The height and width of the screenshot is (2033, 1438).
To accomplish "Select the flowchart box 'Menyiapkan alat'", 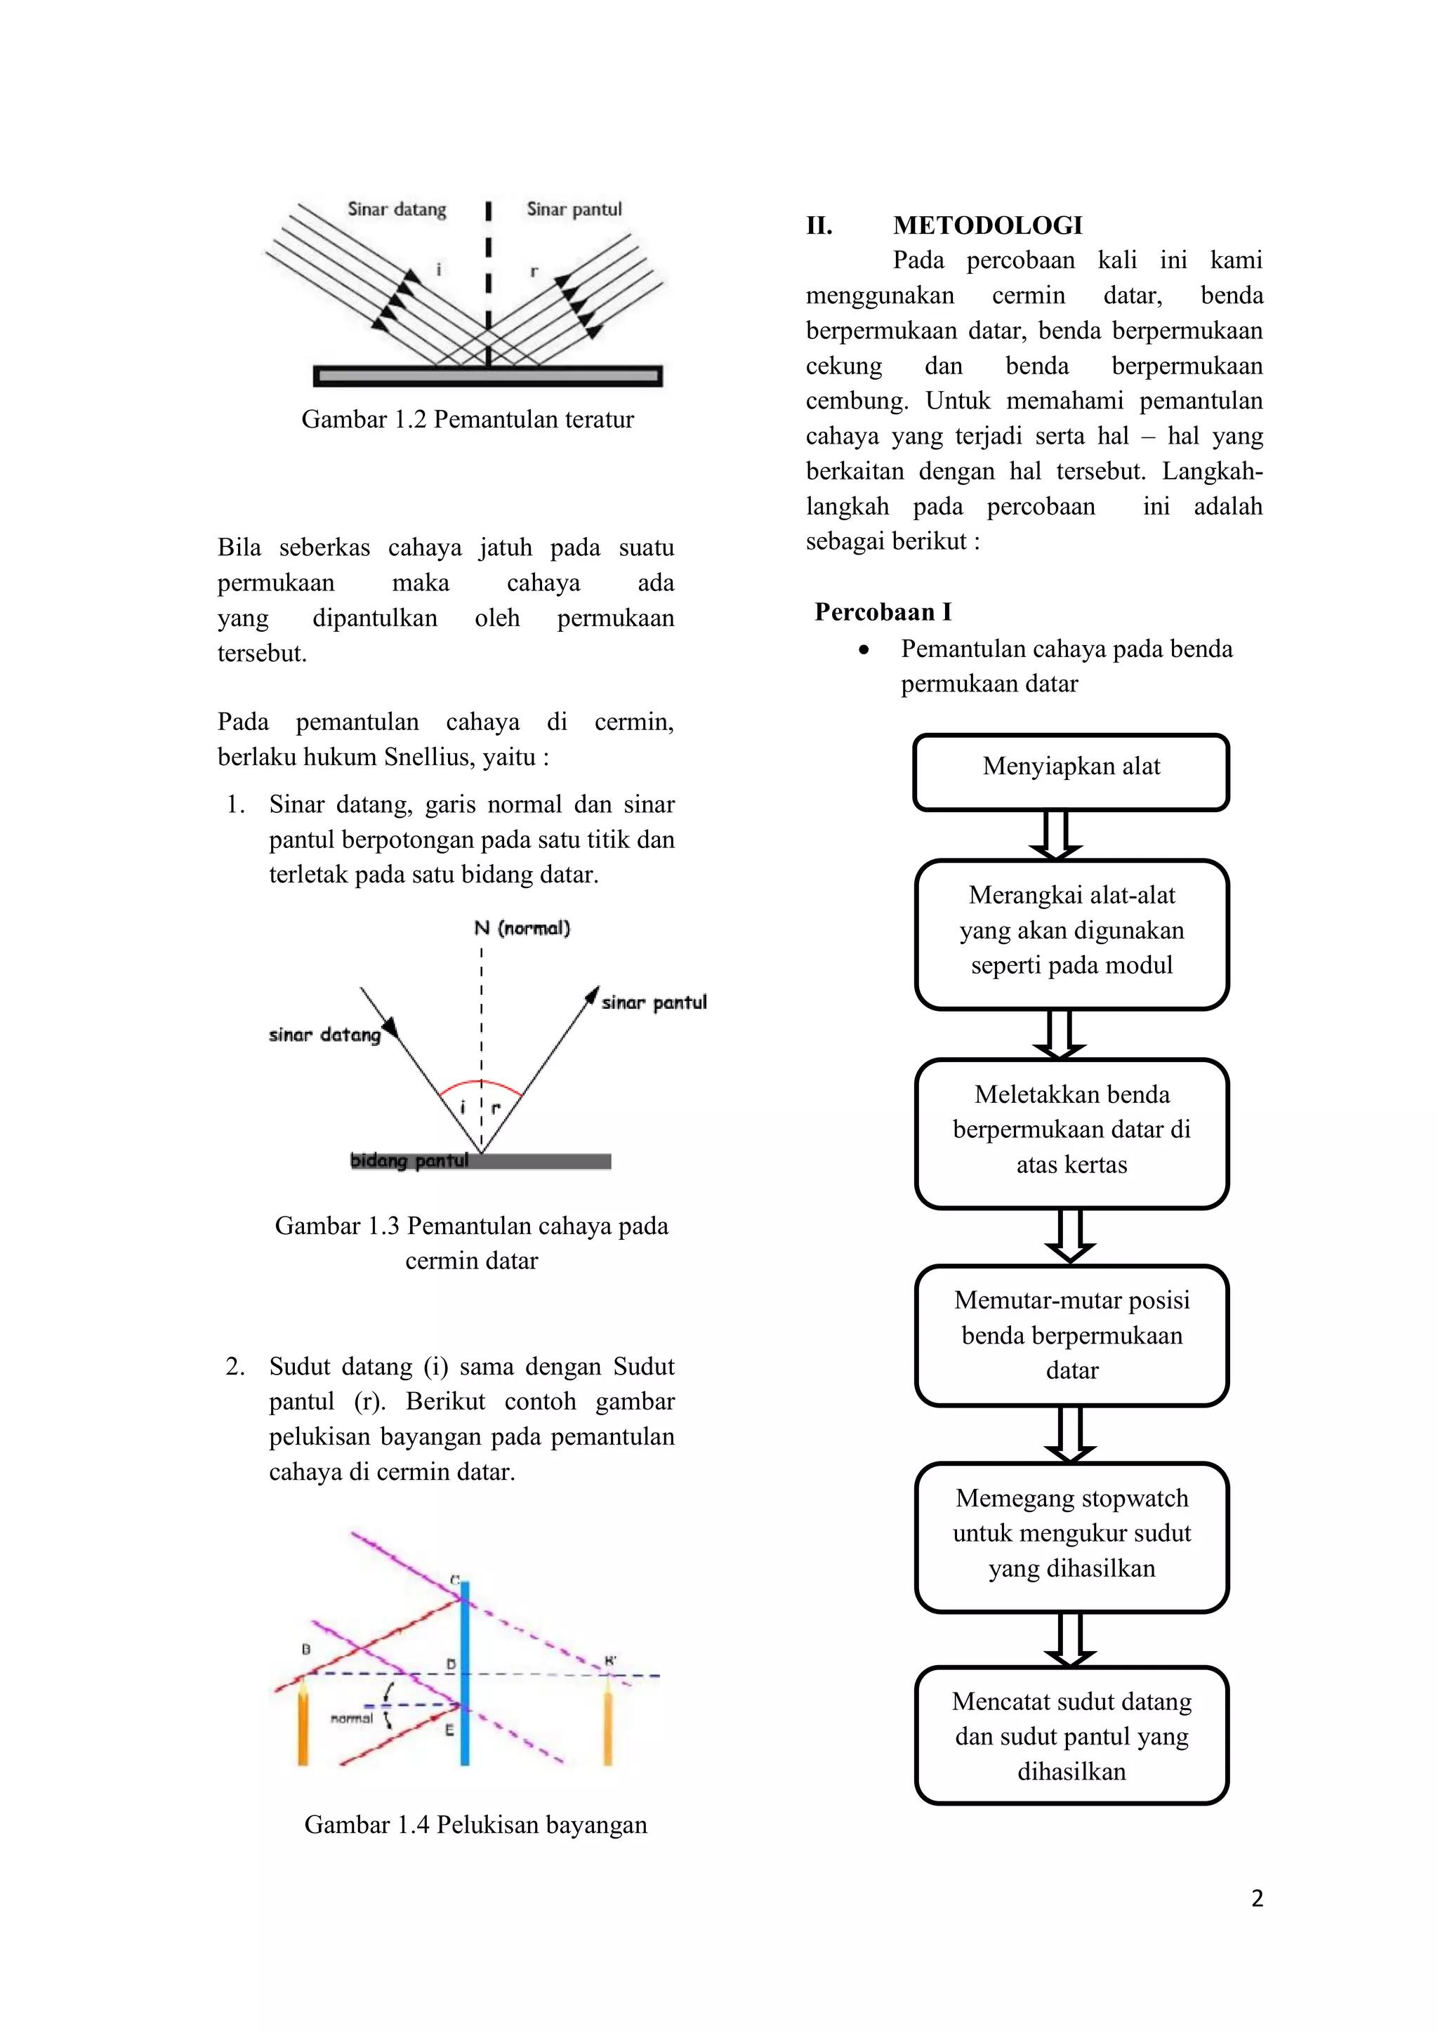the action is [1071, 772].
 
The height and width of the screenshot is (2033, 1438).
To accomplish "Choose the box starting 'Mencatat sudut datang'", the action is [1071, 1735].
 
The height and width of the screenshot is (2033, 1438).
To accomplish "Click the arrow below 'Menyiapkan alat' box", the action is [1055, 835].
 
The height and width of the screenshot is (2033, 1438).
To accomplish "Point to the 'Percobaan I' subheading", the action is [883, 612].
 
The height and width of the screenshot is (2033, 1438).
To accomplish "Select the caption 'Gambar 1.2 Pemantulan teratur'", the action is [468, 419].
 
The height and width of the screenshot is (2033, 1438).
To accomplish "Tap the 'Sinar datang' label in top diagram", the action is [397, 210].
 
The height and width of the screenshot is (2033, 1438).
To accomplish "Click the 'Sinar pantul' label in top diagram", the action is [574, 210].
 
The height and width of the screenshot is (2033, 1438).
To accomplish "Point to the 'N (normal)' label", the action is [522, 928].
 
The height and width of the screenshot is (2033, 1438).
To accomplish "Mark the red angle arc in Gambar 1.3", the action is [481, 1082].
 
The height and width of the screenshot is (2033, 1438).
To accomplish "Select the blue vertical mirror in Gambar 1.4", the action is [465, 1673].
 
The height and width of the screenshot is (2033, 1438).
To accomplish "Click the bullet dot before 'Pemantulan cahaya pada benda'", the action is [864, 651].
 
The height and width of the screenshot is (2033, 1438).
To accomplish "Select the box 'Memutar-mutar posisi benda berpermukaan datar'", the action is [1071, 1335].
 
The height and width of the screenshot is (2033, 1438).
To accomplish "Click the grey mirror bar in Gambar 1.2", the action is [488, 376].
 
